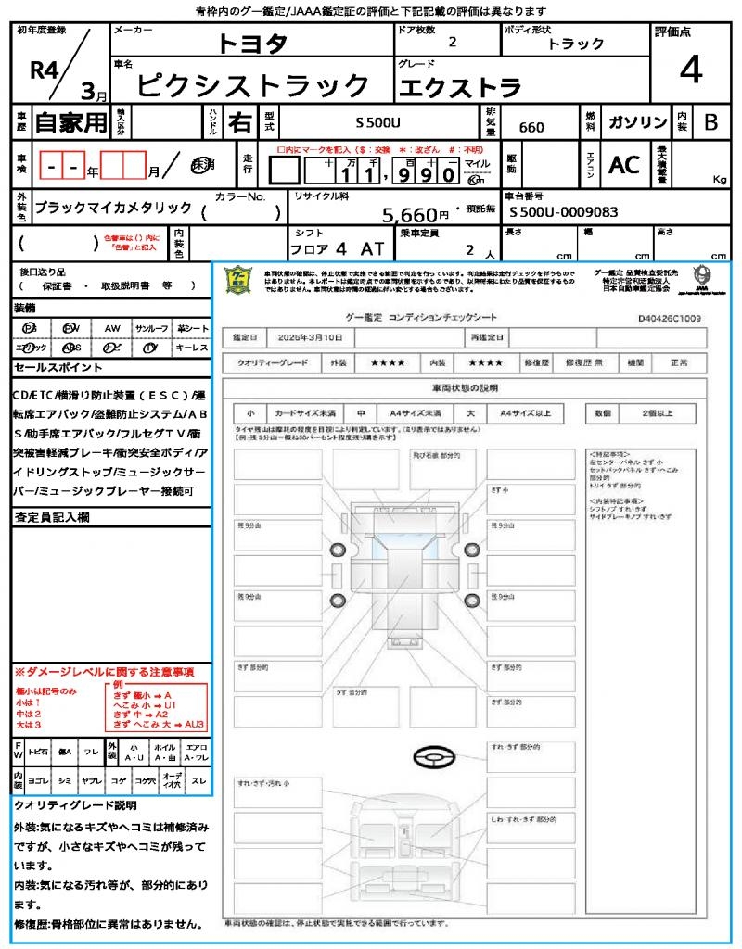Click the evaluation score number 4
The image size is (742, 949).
690,71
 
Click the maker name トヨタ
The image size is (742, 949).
252,44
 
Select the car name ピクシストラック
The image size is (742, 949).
253,85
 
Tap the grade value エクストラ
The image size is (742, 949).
459,87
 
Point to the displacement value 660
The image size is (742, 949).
531,128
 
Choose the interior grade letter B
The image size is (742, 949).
710,122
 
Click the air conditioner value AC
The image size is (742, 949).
623,165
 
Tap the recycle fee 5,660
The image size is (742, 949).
409,215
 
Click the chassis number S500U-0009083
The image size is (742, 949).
563,212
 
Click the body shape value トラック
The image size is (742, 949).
575,43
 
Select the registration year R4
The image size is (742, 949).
45,71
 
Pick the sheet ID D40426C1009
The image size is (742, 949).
669,318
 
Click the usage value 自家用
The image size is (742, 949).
71,122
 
